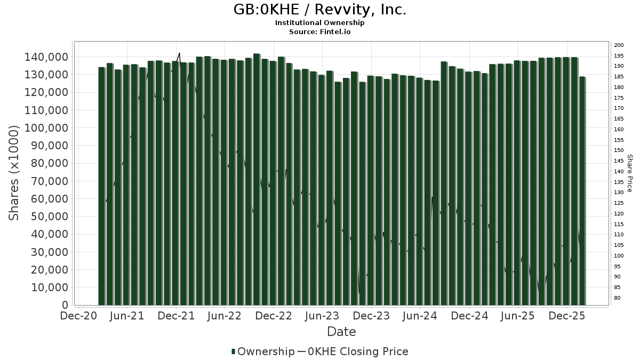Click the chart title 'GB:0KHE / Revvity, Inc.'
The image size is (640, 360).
pos(320,10)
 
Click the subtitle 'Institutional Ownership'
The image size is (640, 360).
pos(320,23)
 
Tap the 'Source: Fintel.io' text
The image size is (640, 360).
pos(320,32)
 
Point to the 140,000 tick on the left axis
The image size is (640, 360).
pos(47,57)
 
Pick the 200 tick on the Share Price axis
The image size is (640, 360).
pos(619,45)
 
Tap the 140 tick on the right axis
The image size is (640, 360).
pos(619,172)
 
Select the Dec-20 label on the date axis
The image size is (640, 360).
pos(79,316)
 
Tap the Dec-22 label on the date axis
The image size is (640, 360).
pos(273,316)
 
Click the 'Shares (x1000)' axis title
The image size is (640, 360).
pos(14,173)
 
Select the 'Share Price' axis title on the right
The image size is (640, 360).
pos(630,173)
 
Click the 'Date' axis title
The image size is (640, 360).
pos(341,332)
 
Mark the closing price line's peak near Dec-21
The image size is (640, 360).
pos(179,53)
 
